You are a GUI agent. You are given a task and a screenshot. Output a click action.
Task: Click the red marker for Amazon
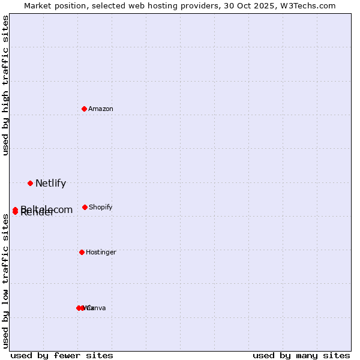(85, 109)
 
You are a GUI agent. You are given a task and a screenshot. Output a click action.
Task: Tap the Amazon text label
(101, 109)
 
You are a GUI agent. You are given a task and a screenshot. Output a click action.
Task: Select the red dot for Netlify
(30, 183)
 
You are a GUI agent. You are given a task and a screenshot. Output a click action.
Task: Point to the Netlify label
(50, 184)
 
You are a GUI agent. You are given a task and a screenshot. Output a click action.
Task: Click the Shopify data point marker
(85, 207)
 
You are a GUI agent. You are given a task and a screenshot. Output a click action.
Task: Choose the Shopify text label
(101, 208)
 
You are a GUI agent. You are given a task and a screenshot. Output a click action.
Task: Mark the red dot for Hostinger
(82, 252)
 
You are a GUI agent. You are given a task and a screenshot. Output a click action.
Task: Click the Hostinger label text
(101, 253)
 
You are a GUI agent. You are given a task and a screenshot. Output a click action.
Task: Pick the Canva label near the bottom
(98, 308)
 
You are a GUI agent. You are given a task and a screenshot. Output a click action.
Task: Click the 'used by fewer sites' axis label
(62, 355)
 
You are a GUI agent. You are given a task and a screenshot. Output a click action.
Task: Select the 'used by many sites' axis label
(301, 355)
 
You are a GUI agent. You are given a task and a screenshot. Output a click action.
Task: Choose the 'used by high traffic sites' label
(6, 85)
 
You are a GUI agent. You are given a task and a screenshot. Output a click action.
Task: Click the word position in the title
(73, 6)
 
